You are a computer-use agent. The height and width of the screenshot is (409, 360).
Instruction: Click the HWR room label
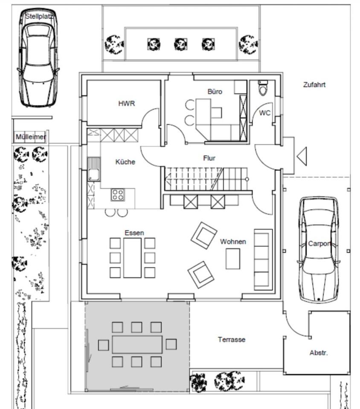tap(127, 104)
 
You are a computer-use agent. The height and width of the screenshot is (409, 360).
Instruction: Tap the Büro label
tap(215, 92)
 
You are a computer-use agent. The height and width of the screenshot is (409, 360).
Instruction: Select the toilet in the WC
tap(263, 88)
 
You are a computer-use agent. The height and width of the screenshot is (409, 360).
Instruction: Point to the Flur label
tap(209, 158)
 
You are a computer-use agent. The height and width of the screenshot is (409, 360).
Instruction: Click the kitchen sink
tap(94, 169)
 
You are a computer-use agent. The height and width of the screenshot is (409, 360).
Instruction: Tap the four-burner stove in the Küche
tap(118, 195)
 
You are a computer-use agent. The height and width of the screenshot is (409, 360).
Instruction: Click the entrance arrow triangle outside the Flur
tap(302, 156)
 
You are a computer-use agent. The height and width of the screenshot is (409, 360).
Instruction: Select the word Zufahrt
tap(314, 85)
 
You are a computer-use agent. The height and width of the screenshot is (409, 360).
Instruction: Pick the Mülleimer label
tap(31, 137)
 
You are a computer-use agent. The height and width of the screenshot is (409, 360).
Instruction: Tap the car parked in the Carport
tap(318, 250)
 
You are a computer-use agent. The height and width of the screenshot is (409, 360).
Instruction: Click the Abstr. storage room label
tap(319, 353)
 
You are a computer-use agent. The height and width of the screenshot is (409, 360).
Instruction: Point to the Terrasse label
tap(232, 340)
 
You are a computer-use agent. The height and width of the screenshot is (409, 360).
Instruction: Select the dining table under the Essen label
tap(132, 257)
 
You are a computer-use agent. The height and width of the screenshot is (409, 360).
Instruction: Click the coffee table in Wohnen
tap(233, 259)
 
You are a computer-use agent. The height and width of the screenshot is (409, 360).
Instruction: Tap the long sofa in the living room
tap(263, 260)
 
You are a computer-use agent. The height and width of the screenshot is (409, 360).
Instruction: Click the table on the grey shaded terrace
tap(137, 345)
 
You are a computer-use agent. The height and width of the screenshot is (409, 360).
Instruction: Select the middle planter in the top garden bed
tap(180, 44)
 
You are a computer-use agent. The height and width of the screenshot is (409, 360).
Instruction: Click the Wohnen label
tap(233, 242)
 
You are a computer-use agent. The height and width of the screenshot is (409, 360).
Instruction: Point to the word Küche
tap(125, 162)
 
